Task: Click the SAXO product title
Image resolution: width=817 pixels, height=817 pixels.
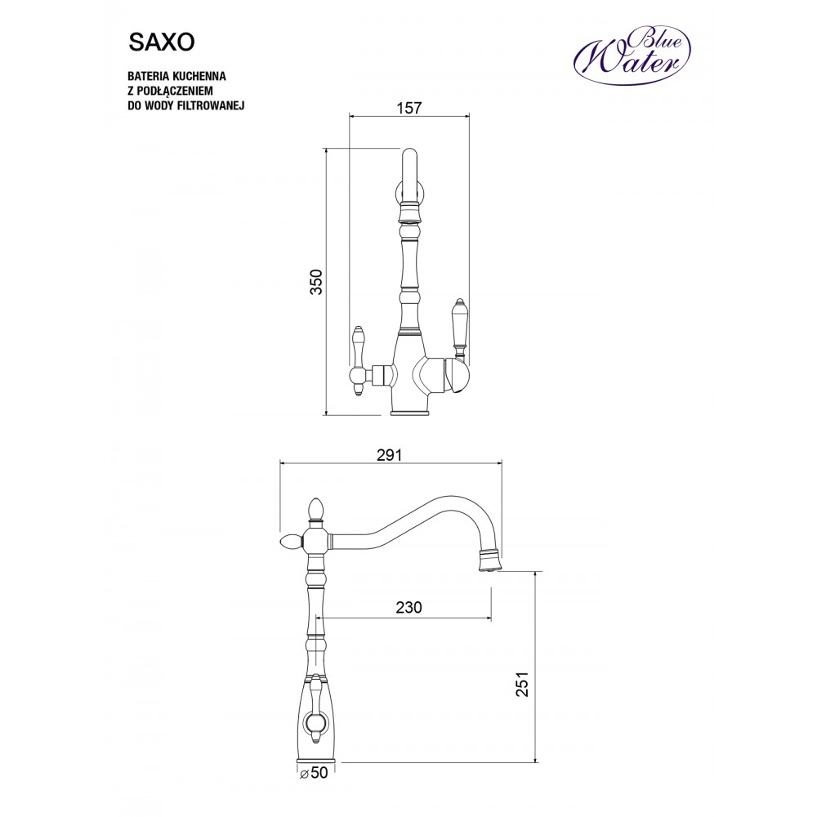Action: coord(162,43)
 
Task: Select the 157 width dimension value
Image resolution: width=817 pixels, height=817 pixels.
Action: coord(409,108)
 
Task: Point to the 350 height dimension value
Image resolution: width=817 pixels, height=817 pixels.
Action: coord(316,282)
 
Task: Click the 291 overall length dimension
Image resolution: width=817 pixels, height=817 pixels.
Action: coord(389,455)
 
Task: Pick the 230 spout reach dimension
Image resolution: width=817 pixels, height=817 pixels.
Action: coord(408,607)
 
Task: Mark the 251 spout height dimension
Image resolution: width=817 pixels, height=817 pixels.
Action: coord(522,683)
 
